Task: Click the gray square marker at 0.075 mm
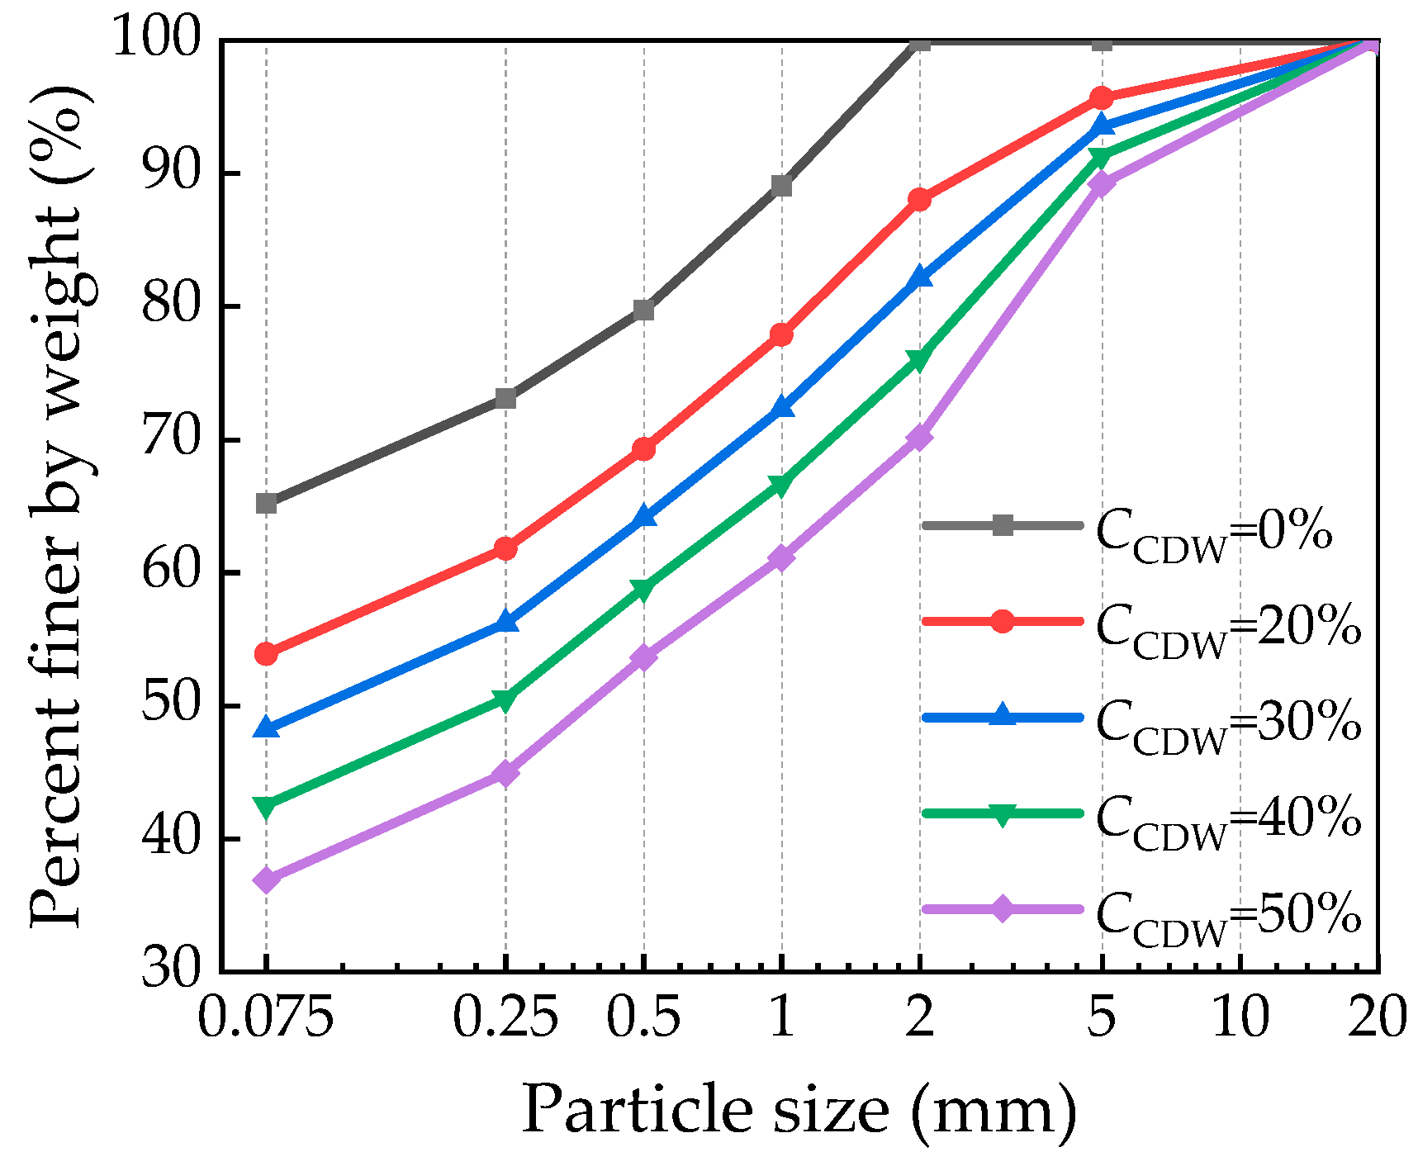tap(266, 503)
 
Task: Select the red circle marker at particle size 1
tap(781, 334)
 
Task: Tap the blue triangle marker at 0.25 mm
tap(505, 623)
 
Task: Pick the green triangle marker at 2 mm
tap(919, 359)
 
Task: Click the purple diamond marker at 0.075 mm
tap(266, 879)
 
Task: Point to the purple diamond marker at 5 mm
tap(1102, 183)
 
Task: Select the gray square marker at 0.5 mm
tap(643, 311)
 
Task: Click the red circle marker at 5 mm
tap(1102, 97)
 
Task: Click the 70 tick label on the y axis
tap(172, 439)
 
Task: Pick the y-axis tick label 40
tap(172, 838)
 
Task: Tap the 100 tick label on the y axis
tap(157, 38)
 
